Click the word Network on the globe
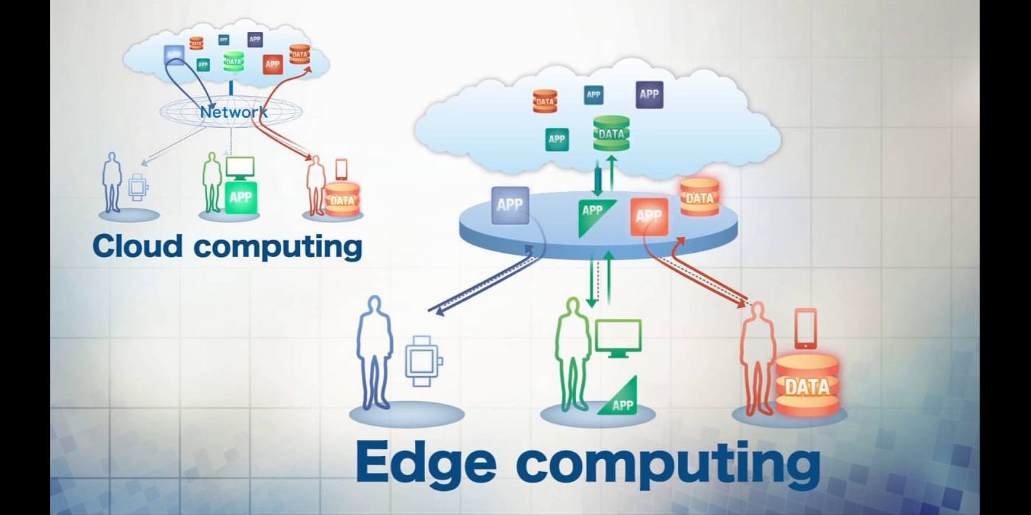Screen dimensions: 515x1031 pyautogui.click(x=234, y=112)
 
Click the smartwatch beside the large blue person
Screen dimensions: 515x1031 pyautogui.click(x=422, y=361)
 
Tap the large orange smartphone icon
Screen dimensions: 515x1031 pyautogui.click(x=805, y=328)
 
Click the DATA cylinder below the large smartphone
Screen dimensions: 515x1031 pyautogui.click(x=806, y=386)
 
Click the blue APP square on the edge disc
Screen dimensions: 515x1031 pyautogui.click(x=510, y=205)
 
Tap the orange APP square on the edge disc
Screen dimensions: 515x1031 pyautogui.click(x=649, y=216)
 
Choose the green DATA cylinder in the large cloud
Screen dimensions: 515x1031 pyautogui.click(x=611, y=134)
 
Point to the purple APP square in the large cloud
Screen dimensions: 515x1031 pyautogui.click(x=649, y=94)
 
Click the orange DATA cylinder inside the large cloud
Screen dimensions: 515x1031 pyautogui.click(x=544, y=101)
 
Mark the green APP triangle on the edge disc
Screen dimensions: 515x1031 pyautogui.click(x=595, y=215)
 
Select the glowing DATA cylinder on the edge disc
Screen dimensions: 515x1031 pyautogui.click(x=700, y=198)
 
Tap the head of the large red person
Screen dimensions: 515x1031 pyautogui.click(x=758, y=312)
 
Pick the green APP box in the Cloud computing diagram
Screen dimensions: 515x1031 pyautogui.click(x=241, y=197)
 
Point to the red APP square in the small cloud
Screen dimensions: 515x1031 pyautogui.click(x=272, y=65)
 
